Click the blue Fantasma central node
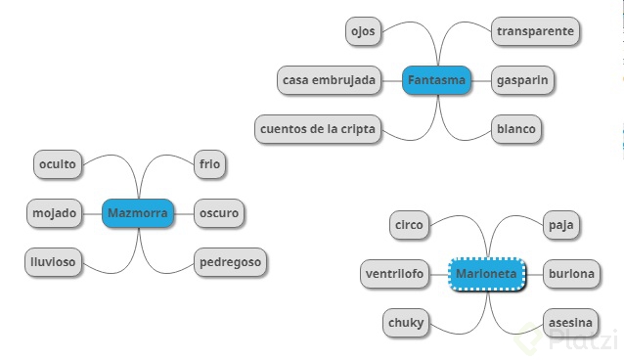436,79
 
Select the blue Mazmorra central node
138,212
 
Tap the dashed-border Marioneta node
486,274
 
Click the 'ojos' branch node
362,31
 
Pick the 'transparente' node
535,31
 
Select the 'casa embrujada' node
330,79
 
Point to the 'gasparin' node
522,79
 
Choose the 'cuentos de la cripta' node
318,128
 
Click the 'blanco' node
515,128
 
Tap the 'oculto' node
59,164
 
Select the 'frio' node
209,164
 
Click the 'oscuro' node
217,212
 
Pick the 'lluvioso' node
53,261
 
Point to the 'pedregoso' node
230,261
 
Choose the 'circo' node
409,225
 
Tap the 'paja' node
561,225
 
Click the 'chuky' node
406,323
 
